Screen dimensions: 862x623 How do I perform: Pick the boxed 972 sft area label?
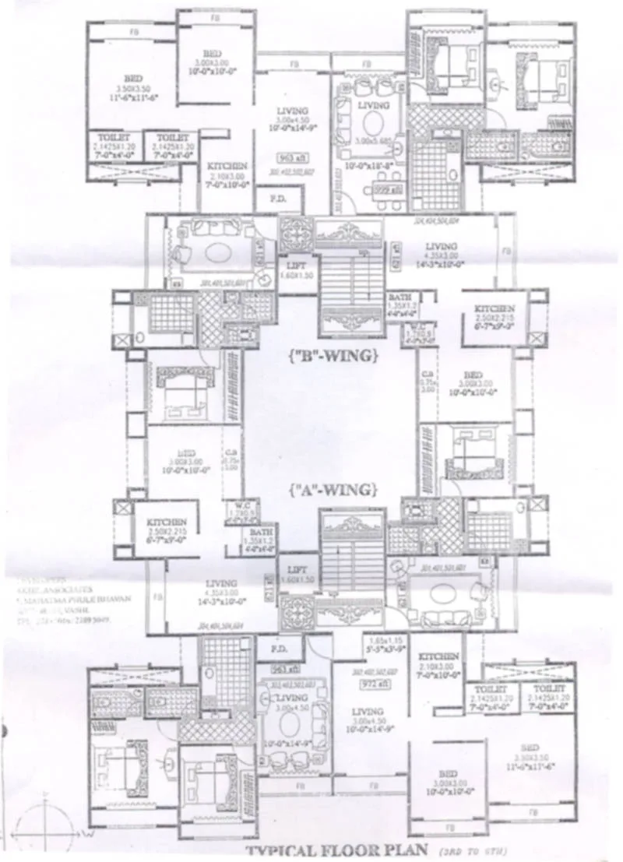[x=368, y=684]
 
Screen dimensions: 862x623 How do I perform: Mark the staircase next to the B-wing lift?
[x=350, y=280]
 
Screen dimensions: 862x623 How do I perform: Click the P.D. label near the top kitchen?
[x=277, y=199]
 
